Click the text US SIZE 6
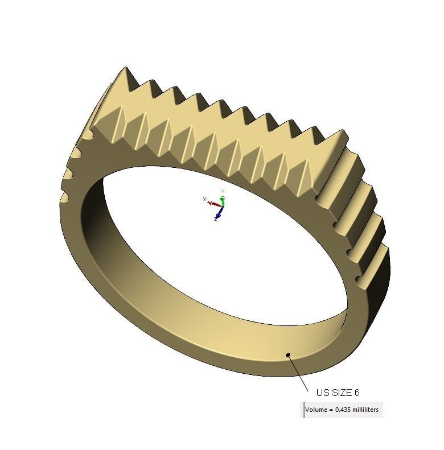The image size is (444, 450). tap(338, 393)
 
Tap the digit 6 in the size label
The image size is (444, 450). tap(357, 393)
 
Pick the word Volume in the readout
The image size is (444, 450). tap(316, 410)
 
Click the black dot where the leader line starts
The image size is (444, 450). tap(289, 356)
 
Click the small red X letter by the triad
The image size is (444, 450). tap(204, 199)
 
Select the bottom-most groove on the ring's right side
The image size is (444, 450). tap(360, 279)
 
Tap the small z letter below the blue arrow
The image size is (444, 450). tap(216, 220)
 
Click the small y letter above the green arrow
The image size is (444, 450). tap(223, 192)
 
